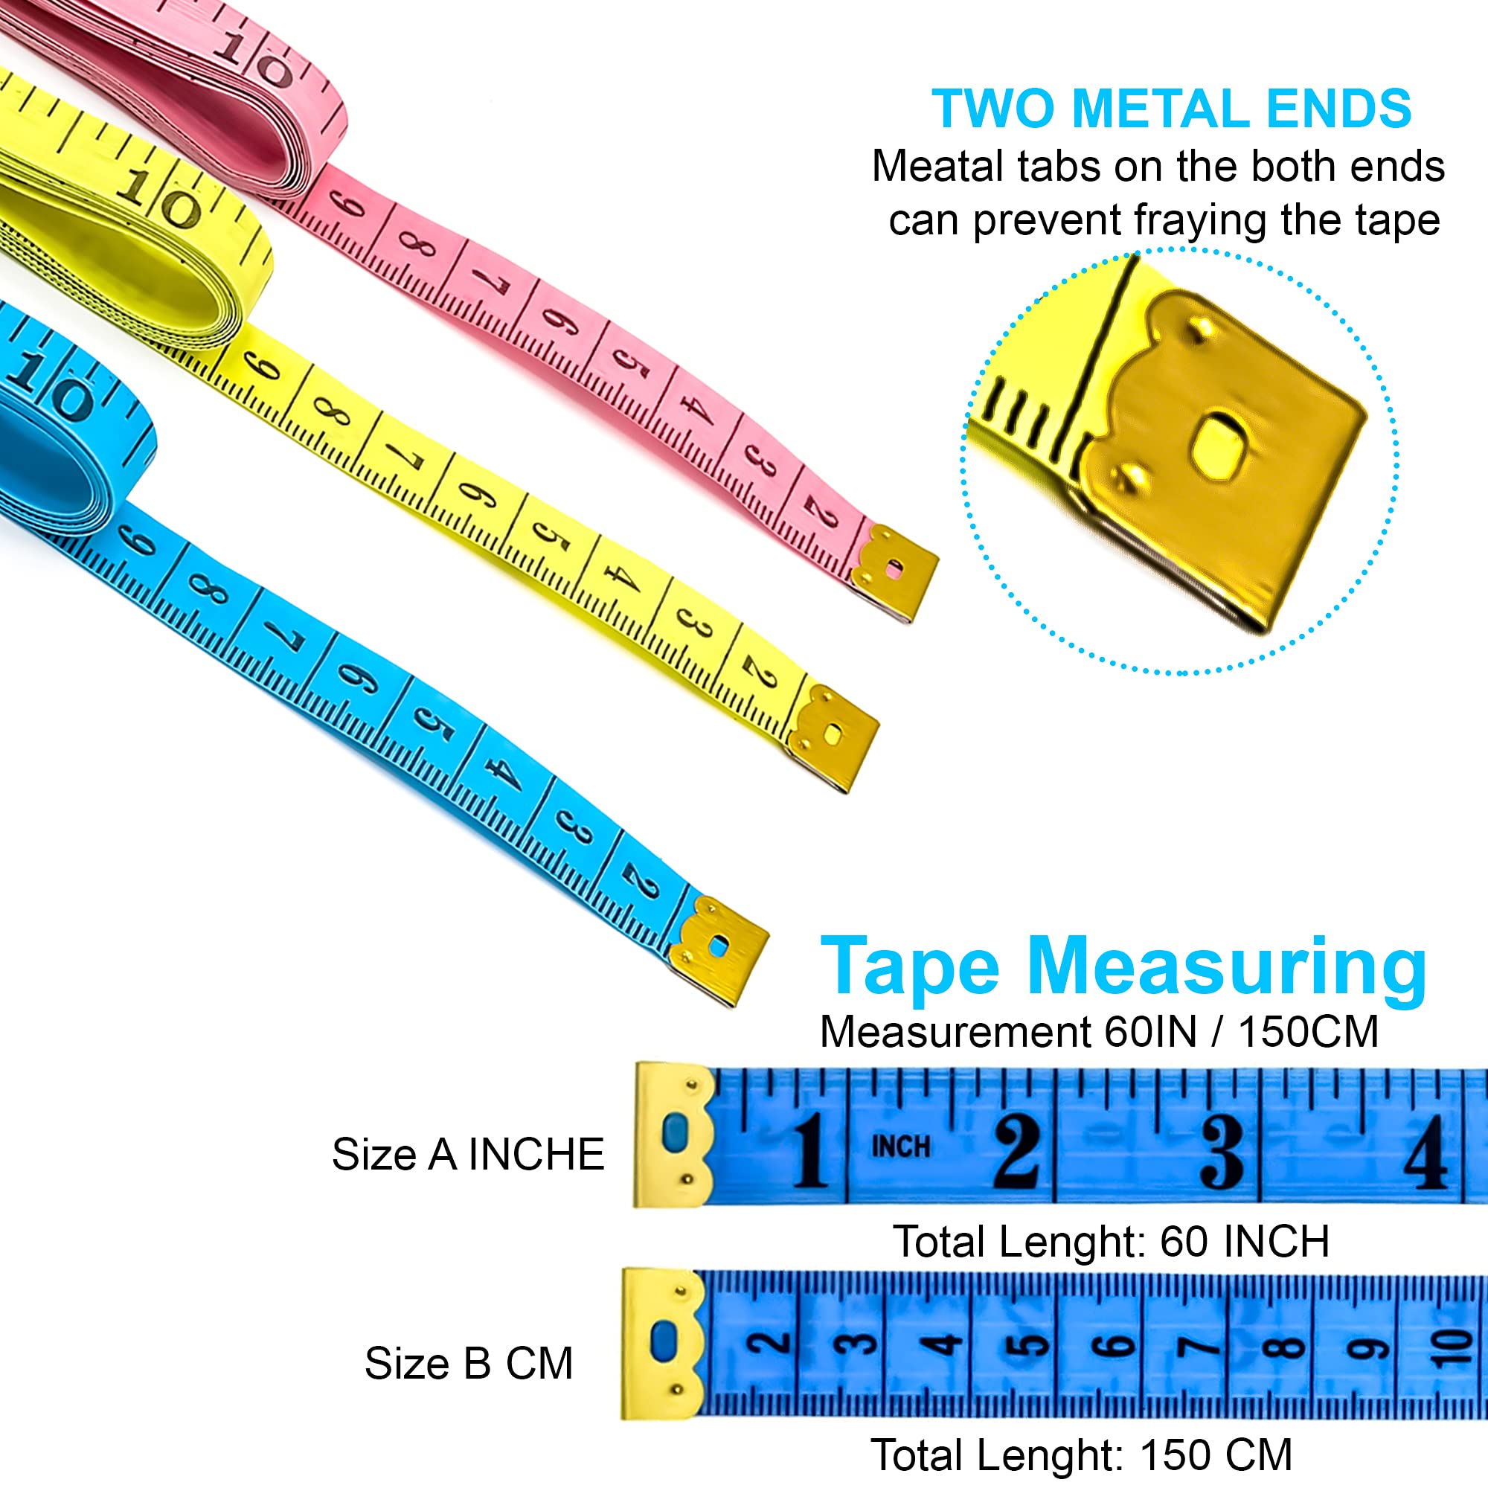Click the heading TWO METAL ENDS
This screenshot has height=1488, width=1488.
point(1172,109)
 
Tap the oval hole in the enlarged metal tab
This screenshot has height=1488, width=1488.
point(1219,446)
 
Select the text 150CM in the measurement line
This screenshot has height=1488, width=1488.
point(1308,1032)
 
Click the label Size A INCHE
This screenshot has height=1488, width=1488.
point(468,1155)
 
